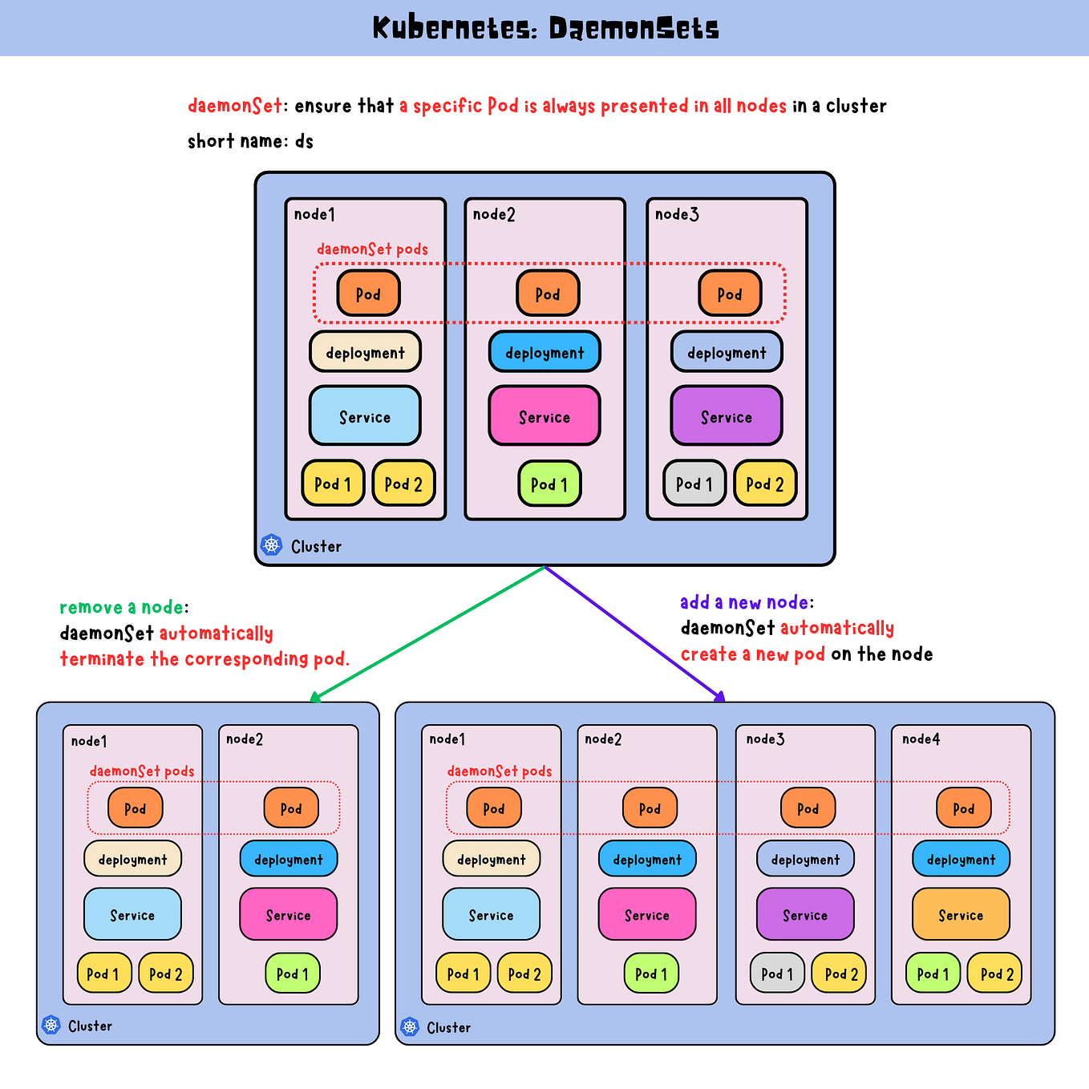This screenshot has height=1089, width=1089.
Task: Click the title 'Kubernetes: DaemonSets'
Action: point(545,29)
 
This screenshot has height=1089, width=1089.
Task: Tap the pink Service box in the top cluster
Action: point(544,416)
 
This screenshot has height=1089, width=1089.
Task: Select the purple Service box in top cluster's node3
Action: point(727,416)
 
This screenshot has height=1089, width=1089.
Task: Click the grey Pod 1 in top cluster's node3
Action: point(694,484)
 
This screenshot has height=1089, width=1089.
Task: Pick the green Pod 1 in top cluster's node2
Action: point(549,484)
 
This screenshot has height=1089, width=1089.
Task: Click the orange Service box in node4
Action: point(961,914)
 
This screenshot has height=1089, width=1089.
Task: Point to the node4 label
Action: point(921,739)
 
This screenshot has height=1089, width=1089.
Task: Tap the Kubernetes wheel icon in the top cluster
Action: point(272,545)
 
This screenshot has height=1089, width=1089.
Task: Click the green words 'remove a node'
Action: point(121,607)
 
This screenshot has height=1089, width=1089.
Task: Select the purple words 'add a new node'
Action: point(744,602)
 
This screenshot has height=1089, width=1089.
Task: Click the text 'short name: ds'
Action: point(250,141)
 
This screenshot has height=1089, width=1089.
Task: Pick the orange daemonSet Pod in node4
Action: point(963,808)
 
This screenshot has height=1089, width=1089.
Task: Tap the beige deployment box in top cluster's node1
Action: point(365,352)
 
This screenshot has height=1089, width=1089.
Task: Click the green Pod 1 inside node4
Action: point(933,973)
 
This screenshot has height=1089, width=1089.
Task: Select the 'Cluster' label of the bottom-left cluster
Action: point(90,1026)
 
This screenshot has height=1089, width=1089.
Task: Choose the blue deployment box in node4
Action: point(961,859)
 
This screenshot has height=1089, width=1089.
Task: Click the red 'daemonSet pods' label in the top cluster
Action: point(372,249)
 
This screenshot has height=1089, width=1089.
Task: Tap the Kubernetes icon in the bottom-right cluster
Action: point(410,1026)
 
